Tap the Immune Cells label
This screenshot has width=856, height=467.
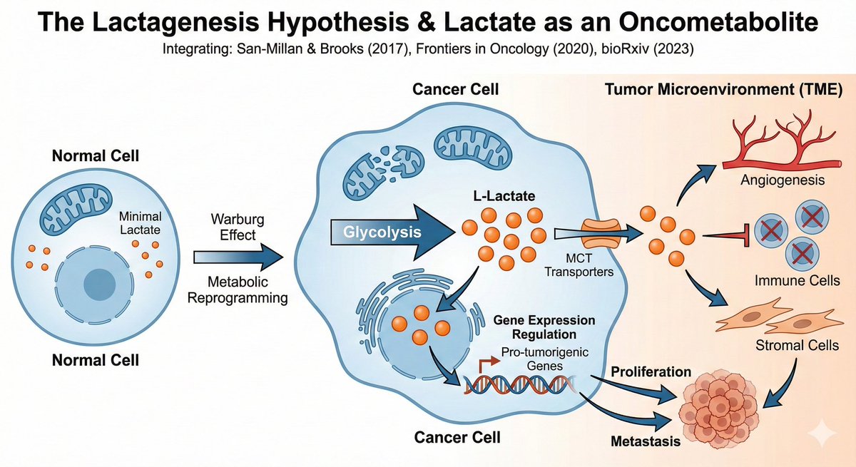point(787,282)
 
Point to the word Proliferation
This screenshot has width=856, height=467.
point(650,372)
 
